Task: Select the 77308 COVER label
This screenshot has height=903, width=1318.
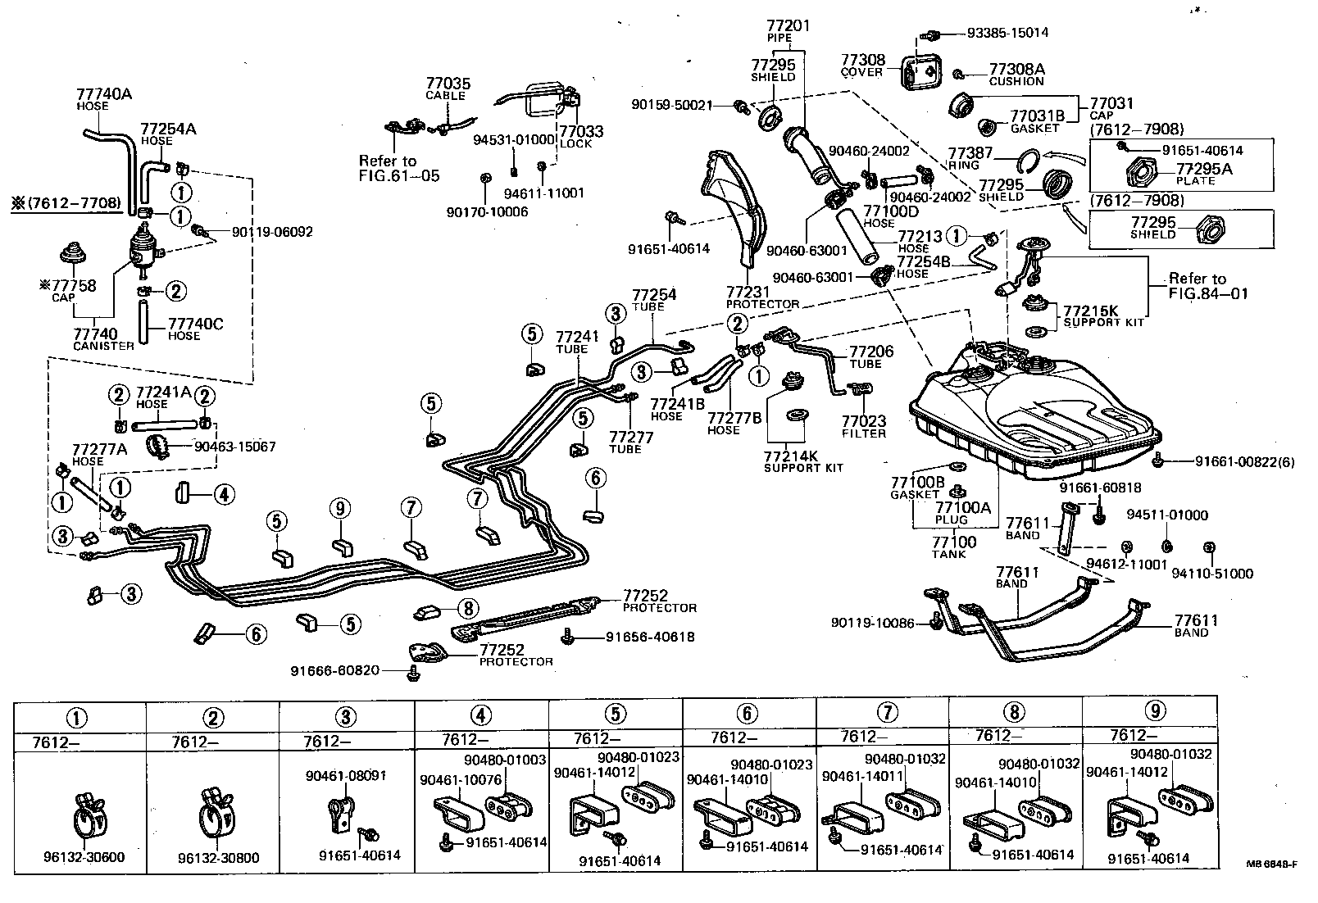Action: [x=862, y=65]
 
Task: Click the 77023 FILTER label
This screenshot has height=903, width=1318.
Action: [x=864, y=427]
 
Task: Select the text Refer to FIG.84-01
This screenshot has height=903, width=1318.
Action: [x=1208, y=285]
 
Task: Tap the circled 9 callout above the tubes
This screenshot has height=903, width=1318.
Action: [x=341, y=509]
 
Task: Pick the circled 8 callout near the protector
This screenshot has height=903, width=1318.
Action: [x=467, y=608]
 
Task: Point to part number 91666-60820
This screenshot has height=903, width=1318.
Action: [x=334, y=670]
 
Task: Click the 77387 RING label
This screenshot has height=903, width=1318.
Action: [x=970, y=158]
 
